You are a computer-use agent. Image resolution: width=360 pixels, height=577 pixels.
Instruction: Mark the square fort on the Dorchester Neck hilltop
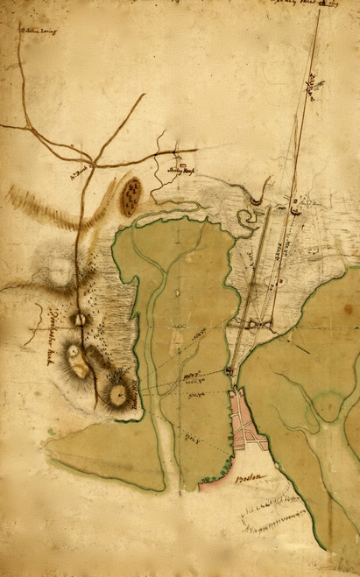click(x=80, y=320)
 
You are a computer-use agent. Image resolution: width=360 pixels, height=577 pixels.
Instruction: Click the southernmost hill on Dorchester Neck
click(x=117, y=396)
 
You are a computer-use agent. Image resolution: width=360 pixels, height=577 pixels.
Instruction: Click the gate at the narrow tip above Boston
click(x=229, y=372)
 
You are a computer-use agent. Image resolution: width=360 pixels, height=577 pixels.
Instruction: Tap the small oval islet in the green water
click(x=177, y=292)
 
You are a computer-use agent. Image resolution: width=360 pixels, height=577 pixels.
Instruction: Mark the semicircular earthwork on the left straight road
click(x=255, y=201)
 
